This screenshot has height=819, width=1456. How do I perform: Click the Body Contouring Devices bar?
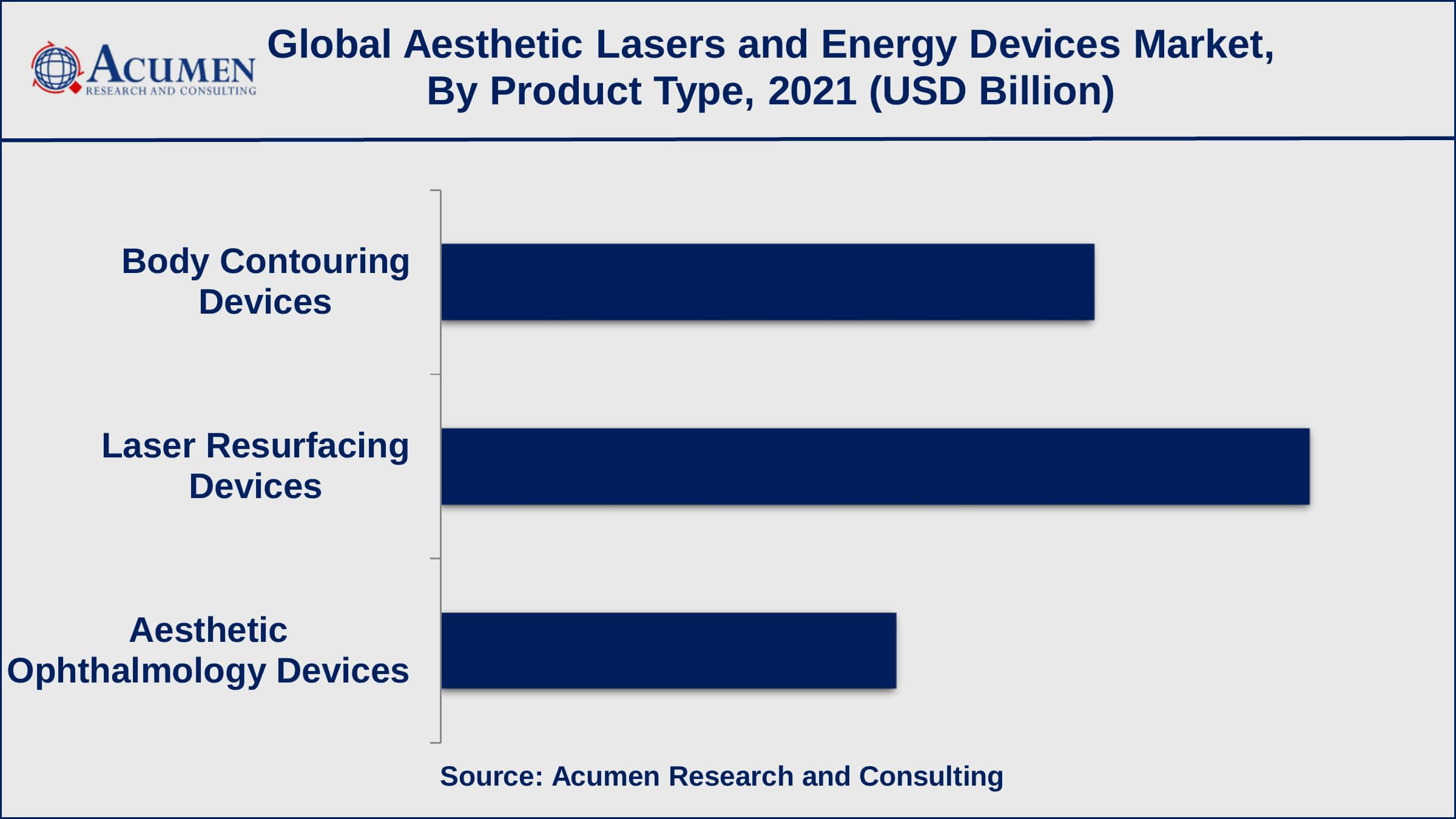(x=767, y=282)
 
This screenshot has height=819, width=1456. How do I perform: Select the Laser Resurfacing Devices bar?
(x=875, y=467)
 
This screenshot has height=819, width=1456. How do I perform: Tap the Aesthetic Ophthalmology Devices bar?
(x=669, y=650)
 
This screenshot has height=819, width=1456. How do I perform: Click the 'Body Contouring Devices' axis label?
(x=266, y=281)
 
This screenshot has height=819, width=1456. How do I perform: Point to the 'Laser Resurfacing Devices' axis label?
(x=255, y=466)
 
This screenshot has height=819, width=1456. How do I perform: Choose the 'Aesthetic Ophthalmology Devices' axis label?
(x=208, y=650)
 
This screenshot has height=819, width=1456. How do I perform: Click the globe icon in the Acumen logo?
(x=56, y=69)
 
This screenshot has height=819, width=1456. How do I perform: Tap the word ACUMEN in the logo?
(x=171, y=65)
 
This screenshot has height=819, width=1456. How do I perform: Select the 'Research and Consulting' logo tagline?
(x=171, y=92)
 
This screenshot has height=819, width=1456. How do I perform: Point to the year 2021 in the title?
(x=812, y=91)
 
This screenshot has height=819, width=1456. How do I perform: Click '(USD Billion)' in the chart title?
(x=991, y=91)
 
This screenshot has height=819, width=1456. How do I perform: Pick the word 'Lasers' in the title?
(x=660, y=45)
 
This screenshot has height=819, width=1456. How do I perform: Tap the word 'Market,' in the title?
(x=1204, y=45)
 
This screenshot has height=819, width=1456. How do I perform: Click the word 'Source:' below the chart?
(x=491, y=777)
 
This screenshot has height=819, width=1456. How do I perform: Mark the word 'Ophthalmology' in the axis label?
(x=136, y=671)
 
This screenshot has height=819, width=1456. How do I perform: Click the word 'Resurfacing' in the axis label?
(x=308, y=446)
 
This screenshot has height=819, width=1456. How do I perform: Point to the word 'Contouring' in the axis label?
(x=314, y=261)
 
